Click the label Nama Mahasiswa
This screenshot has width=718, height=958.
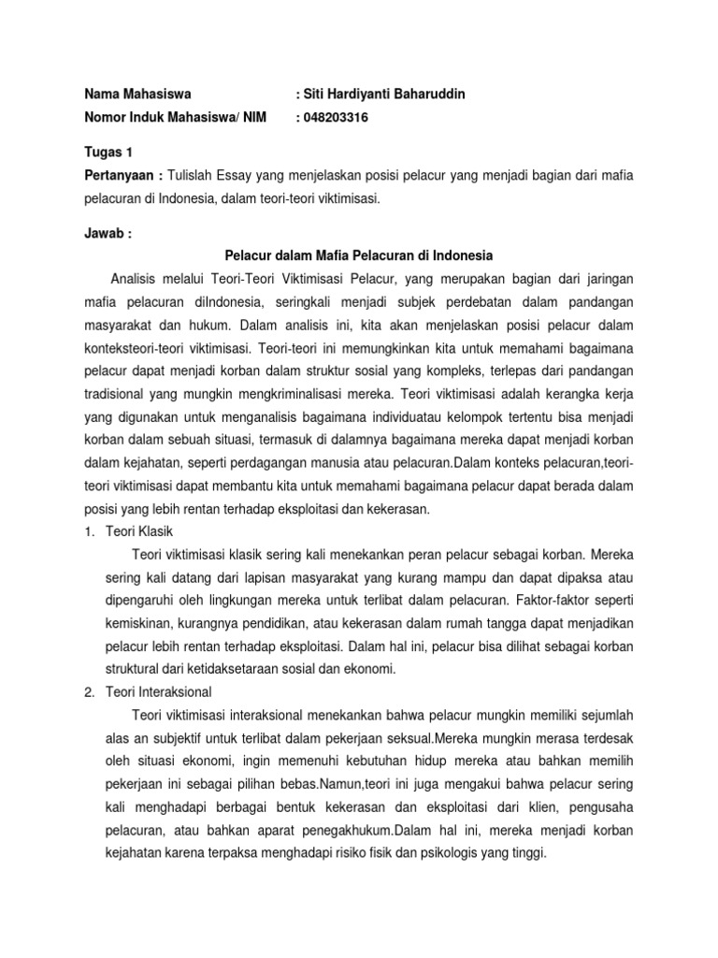[137, 94]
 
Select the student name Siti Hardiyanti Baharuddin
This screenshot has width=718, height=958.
[380, 94]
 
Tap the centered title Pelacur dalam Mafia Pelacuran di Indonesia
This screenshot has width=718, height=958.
[359, 254]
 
